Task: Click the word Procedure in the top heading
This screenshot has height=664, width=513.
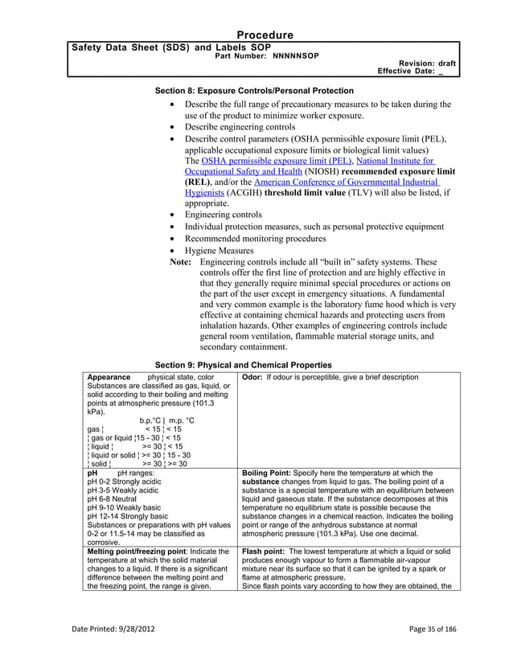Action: point(265,35)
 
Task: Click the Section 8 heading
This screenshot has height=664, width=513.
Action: point(253,90)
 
